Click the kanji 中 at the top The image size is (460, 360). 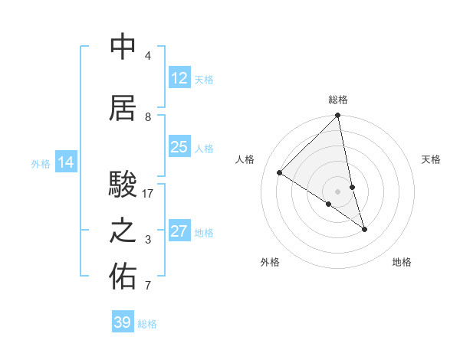[x=123, y=47]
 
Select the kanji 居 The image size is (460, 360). [x=123, y=108]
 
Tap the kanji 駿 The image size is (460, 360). [x=123, y=185]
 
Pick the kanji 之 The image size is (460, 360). [x=123, y=231]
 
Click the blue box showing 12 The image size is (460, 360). [x=179, y=78]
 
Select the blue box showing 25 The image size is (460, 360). [x=179, y=147]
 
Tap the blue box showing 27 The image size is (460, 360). [x=179, y=231]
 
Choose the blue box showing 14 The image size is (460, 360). [x=66, y=162]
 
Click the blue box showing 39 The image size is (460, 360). [x=123, y=322]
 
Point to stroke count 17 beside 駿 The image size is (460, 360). [x=148, y=194]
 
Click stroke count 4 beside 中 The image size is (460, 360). [x=148, y=56]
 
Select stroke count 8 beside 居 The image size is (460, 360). [x=148, y=117]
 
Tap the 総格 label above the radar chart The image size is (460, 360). [x=338, y=100]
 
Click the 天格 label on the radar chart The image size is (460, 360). [x=432, y=159]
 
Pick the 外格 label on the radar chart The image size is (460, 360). [x=270, y=262]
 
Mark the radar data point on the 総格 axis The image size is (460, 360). [x=338, y=116]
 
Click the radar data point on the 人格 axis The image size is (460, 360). [x=280, y=173]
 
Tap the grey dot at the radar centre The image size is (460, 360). [x=338, y=191]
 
